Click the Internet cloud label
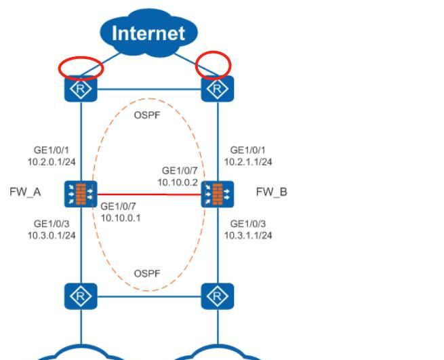click(x=148, y=33)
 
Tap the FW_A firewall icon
click(x=81, y=194)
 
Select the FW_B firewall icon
click(x=218, y=194)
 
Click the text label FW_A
click(x=25, y=192)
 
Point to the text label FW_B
click(x=271, y=192)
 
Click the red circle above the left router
click(x=81, y=67)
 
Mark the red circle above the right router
click(x=214, y=66)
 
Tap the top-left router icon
click(x=81, y=88)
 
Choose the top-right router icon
click(x=218, y=88)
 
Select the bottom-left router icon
click(x=81, y=295)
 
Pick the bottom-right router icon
click(x=218, y=295)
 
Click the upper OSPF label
click(x=147, y=115)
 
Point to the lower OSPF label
click(x=147, y=273)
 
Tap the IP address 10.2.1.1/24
click(x=249, y=162)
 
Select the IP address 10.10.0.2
click(x=178, y=182)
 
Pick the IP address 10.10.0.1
click(x=121, y=218)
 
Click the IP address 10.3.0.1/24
click(x=52, y=235)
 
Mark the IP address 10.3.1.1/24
click(x=249, y=235)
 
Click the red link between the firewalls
click(x=149, y=194)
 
